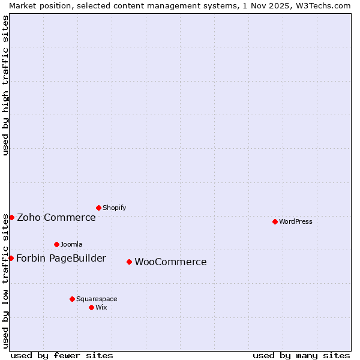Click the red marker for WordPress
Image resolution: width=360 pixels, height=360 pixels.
click(275, 221)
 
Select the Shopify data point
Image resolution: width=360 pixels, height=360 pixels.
click(98, 208)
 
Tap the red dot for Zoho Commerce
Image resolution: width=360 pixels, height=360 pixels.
click(11, 217)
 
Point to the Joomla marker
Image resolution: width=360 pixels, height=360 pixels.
click(56, 244)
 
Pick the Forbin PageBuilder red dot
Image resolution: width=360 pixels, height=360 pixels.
click(11, 258)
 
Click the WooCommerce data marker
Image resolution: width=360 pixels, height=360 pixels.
click(129, 262)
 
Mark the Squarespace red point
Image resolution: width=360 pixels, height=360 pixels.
click(72, 299)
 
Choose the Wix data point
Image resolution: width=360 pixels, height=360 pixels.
click(91, 307)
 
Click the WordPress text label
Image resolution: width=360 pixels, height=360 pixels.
click(296, 221)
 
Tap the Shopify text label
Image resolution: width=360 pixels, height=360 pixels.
click(115, 208)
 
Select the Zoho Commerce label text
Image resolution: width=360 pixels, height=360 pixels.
click(56, 217)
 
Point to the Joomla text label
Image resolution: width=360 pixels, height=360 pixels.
click(71, 244)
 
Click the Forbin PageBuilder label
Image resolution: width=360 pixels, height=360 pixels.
click(61, 258)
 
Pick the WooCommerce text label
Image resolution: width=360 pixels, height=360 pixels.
click(170, 262)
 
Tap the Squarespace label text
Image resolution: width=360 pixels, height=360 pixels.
click(97, 299)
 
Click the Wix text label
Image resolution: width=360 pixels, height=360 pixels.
click(101, 307)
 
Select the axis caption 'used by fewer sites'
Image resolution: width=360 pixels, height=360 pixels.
click(62, 355)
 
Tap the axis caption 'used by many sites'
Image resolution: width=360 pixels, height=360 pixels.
click(301, 355)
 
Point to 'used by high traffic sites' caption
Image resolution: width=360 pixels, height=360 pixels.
click(5, 85)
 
